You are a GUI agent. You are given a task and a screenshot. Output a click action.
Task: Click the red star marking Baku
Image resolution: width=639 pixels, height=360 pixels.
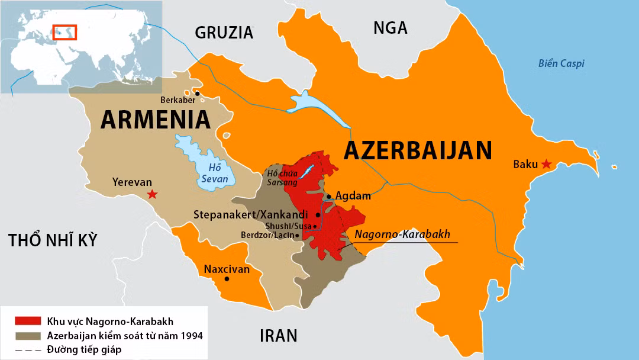[x=546, y=164]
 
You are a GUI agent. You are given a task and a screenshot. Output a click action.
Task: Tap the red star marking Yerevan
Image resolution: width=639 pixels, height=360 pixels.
[x=153, y=194]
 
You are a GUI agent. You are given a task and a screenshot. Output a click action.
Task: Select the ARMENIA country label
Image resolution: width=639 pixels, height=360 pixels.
[x=156, y=120]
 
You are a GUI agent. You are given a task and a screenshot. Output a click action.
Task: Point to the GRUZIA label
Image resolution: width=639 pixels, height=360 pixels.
[x=224, y=33]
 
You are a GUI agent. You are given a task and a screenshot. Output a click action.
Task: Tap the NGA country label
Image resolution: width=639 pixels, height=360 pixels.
[x=390, y=27]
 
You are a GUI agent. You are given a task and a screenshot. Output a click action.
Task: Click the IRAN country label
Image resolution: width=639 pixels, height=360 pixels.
[x=278, y=336]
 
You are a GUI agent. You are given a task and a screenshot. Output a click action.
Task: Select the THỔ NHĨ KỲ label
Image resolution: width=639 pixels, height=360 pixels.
[x=53, y=240]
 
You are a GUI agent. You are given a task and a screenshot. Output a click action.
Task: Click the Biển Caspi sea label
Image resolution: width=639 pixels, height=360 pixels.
[x=561, y=63]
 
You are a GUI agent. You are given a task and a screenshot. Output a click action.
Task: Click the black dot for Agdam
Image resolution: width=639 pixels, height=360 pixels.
[x=329, y=196]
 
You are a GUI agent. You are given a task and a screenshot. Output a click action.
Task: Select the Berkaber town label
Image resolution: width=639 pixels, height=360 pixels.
[x=177, y=99]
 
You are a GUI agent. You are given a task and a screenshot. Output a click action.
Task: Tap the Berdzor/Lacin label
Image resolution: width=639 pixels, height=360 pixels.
[x=266, y=235]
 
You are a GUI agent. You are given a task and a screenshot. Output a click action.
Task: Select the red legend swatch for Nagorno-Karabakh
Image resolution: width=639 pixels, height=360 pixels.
[x=28, y=322]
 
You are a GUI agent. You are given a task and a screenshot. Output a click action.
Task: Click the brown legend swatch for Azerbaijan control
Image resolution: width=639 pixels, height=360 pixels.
[x=28, y=336]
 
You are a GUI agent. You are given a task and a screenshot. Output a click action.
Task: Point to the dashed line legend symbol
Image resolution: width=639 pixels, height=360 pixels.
[x=28, y=349]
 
